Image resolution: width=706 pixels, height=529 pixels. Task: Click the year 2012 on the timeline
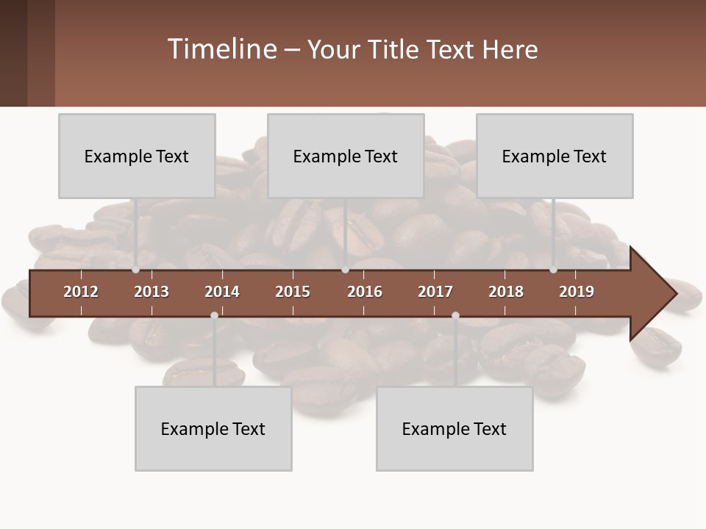coord(81,292)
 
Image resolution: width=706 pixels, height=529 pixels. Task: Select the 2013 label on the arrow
coord(151,292)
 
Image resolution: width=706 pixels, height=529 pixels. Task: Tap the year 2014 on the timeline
coord(222,292)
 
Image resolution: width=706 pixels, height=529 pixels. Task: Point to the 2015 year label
coord(293,292)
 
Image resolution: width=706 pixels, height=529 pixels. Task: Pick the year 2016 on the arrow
coord(365,292)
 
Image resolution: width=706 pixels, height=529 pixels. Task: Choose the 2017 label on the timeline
coord(435,292)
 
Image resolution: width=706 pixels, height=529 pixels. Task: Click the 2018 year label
coord(506,292)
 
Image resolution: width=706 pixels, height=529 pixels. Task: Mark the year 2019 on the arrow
coord(577,292)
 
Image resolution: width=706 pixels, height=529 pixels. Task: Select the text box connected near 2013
coord(137,156)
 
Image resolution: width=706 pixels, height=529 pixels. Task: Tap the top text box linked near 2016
coord(346,156)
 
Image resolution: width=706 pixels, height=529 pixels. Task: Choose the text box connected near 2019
coord(555,156)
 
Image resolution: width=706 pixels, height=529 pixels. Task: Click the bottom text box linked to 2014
coord(213,428)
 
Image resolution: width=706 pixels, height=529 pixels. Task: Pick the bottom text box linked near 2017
coord(454,428)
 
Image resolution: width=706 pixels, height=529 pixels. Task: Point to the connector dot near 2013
coord(136,270)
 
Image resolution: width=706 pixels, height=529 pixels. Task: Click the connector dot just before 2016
coord(346,270)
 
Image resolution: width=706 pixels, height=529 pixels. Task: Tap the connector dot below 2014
coord(214,315)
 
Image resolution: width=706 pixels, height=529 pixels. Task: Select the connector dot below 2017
coord(455,315)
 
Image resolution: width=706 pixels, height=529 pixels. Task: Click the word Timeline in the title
coord(221,49)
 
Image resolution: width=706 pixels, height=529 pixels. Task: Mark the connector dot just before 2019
coord(554,270)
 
